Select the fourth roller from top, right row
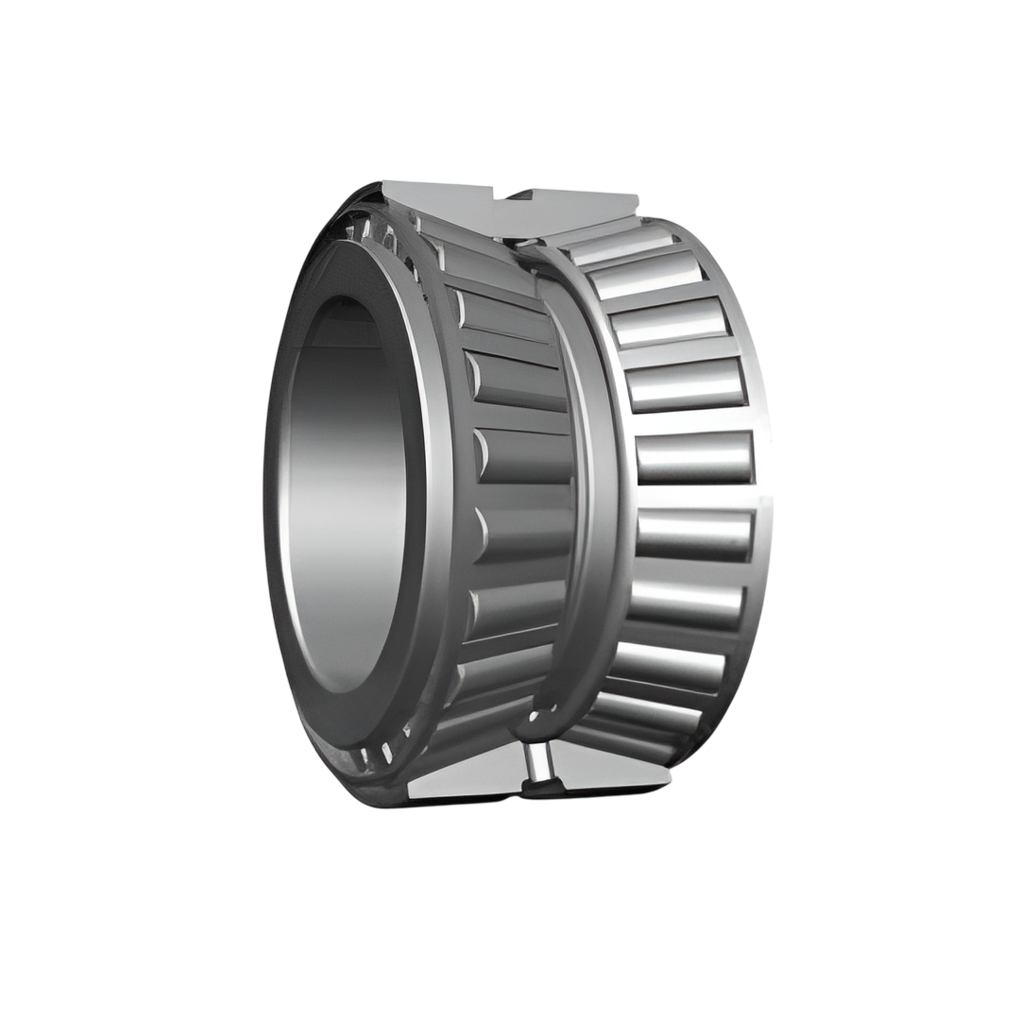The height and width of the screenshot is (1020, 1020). [686, 384]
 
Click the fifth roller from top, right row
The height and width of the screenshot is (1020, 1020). [695, 457]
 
